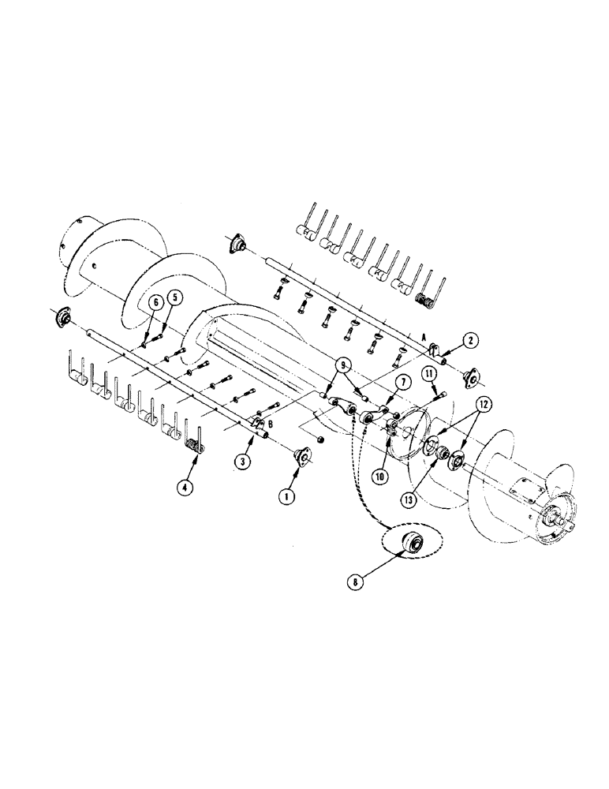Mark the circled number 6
click(156, 301)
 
